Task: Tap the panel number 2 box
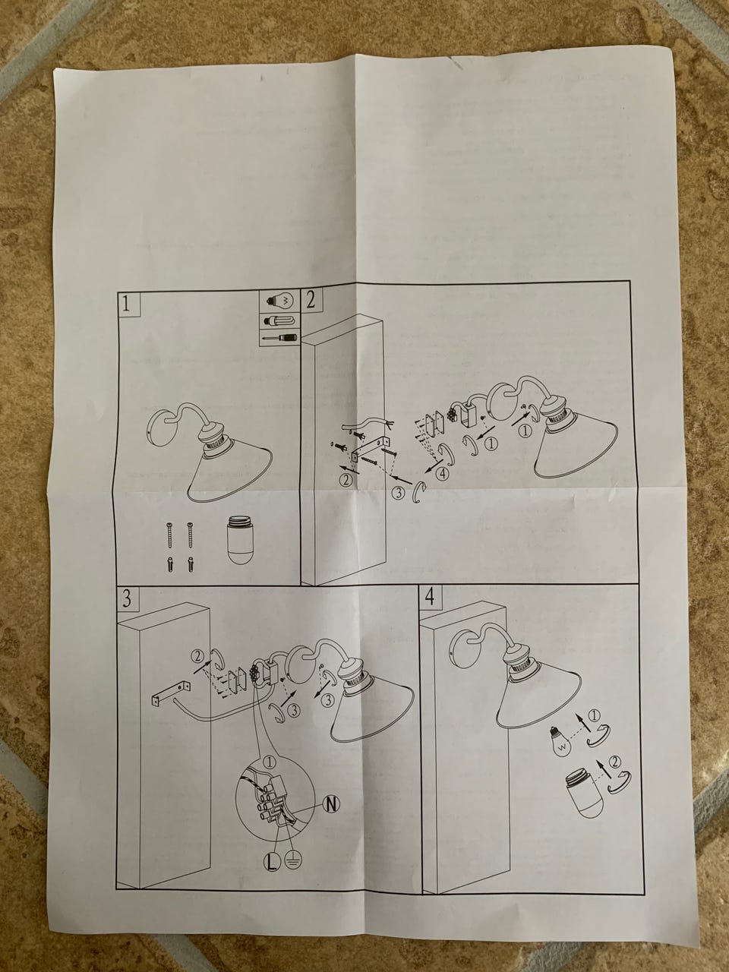coord(311,299)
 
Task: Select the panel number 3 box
coord(128,599)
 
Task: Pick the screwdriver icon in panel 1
coord(279,339)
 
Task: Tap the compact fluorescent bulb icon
coord(279,320)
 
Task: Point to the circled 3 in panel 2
coord(399,493)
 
